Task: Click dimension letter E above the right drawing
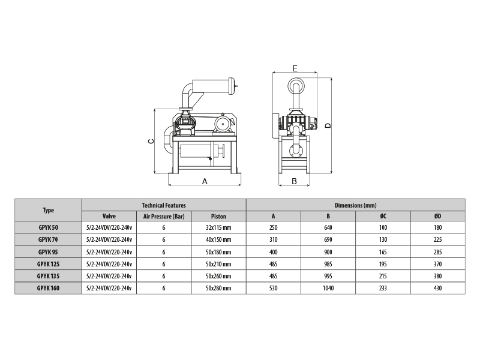coord(295,68)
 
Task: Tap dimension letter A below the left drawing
coord(205,182)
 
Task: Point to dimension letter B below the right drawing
coord(294,182)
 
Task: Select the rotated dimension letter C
coord(151,141)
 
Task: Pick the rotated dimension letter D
coord(328,125)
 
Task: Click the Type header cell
coord(49,211)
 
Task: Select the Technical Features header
coord(164,205)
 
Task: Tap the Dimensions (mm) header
coord(355,205)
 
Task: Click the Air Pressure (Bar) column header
coord(164,217)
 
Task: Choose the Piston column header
coord(218,217)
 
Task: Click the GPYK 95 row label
coord(48,252)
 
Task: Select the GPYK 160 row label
coord(48,288)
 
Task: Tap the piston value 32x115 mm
coord(218,228)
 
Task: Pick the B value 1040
coord(328,288)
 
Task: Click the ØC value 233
coord(383,288)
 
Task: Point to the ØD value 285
coord(438,252)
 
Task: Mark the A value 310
coord(274,239)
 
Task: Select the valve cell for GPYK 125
coord(109,264)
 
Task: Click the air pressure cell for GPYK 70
coord(164,239)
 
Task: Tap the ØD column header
coord(438,216)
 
